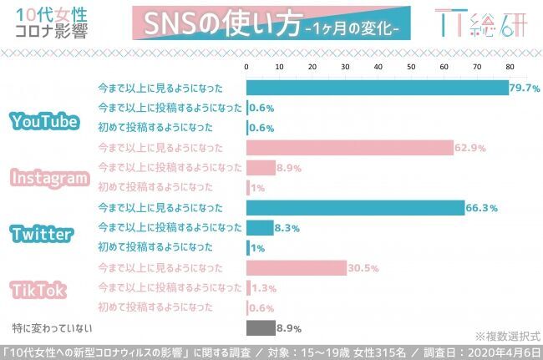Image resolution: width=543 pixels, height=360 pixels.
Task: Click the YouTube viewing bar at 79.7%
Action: [378, 88]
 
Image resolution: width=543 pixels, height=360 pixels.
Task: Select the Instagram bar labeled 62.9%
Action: [349, 148]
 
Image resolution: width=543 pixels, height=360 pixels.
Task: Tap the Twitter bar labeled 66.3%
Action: [355, 208]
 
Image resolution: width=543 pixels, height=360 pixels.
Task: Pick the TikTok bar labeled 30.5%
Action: [297, 268]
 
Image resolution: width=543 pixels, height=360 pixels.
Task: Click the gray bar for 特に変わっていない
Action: [261, 327]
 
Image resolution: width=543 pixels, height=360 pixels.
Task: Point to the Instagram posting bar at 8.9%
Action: [261, 168]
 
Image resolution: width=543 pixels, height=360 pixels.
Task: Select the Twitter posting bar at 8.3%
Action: [260, 228]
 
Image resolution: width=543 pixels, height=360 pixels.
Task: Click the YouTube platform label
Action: [45, 122]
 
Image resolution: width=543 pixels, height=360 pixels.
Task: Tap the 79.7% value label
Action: [526, 88]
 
